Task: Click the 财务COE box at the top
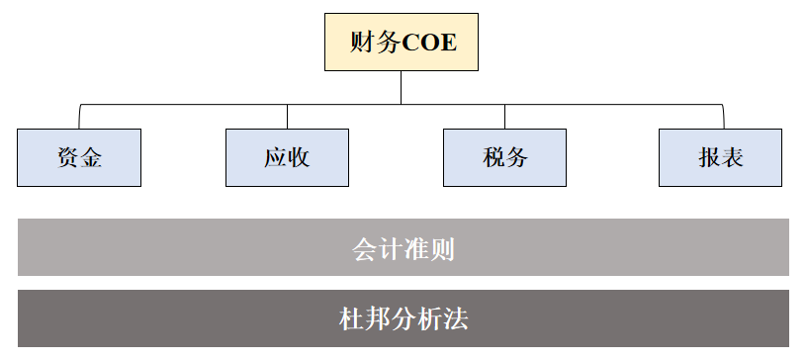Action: click(402, 43)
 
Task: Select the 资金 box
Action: click(79, 157)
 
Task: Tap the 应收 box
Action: click(287, 157)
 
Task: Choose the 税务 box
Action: click(504, 157)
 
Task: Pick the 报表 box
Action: click(720, 157)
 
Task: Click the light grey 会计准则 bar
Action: click(403, 247)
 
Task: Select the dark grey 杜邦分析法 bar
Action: click(403, 318)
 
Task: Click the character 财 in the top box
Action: click(362, 43)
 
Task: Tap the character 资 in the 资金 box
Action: click(67, 157)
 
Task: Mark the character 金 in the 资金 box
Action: click(91, 157)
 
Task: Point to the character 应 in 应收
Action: click(275, 157)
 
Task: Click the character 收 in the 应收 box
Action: click(299, 157)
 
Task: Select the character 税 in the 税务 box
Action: click(493, 157)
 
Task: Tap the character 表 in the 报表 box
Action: click(732, 157)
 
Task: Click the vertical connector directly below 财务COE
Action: click(402, 87)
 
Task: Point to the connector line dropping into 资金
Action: click(79, 116)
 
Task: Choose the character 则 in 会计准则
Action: click(442, 247)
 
